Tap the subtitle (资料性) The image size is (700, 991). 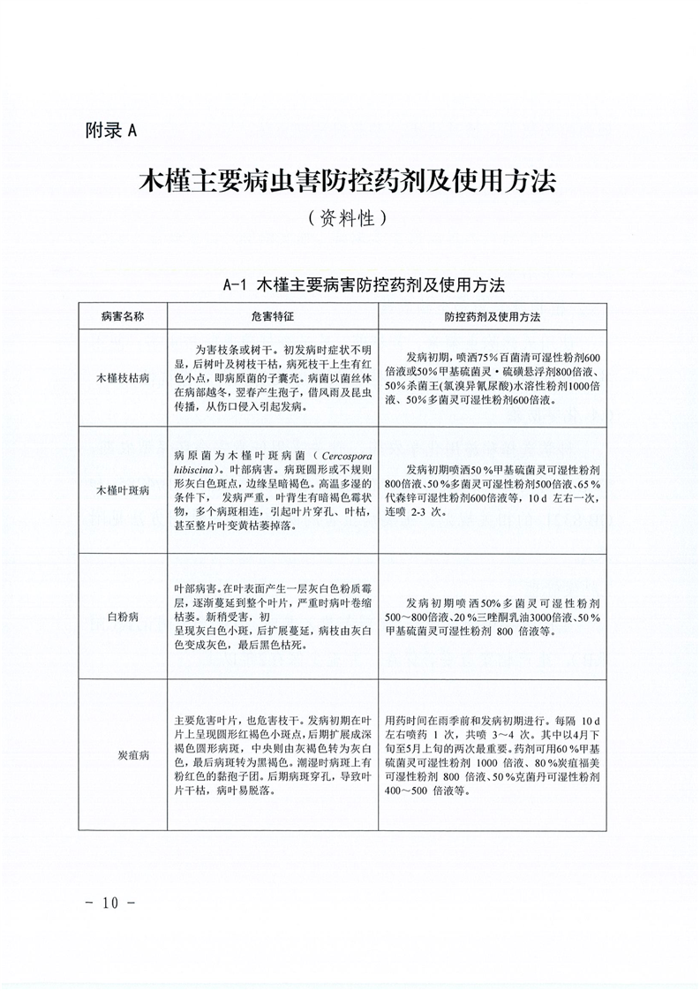(x=349, y=220)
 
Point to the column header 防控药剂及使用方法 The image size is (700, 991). (x=493, y=315)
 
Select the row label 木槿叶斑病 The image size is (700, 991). (x=123, y=488)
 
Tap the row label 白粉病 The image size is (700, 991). (x=123, y=615)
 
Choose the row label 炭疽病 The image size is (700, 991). (x=123, y=755)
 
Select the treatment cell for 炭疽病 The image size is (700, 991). (x=493, y=755)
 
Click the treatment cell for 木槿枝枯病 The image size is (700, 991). (x=493, y=377)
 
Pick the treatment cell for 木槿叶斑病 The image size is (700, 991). (x=493, y=488)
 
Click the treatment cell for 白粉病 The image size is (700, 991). (x=493, y=615)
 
